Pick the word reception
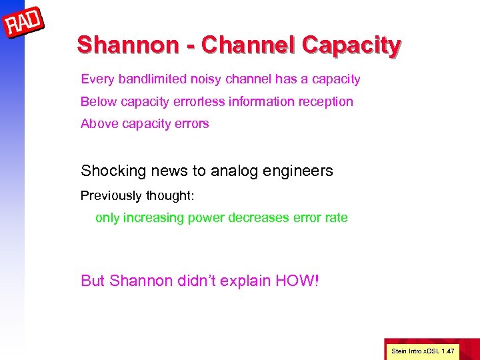click(326, 101)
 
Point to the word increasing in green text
click(155, 218)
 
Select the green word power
click(205, 218)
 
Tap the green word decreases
click(257, 218)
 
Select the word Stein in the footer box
click(399, 349)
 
